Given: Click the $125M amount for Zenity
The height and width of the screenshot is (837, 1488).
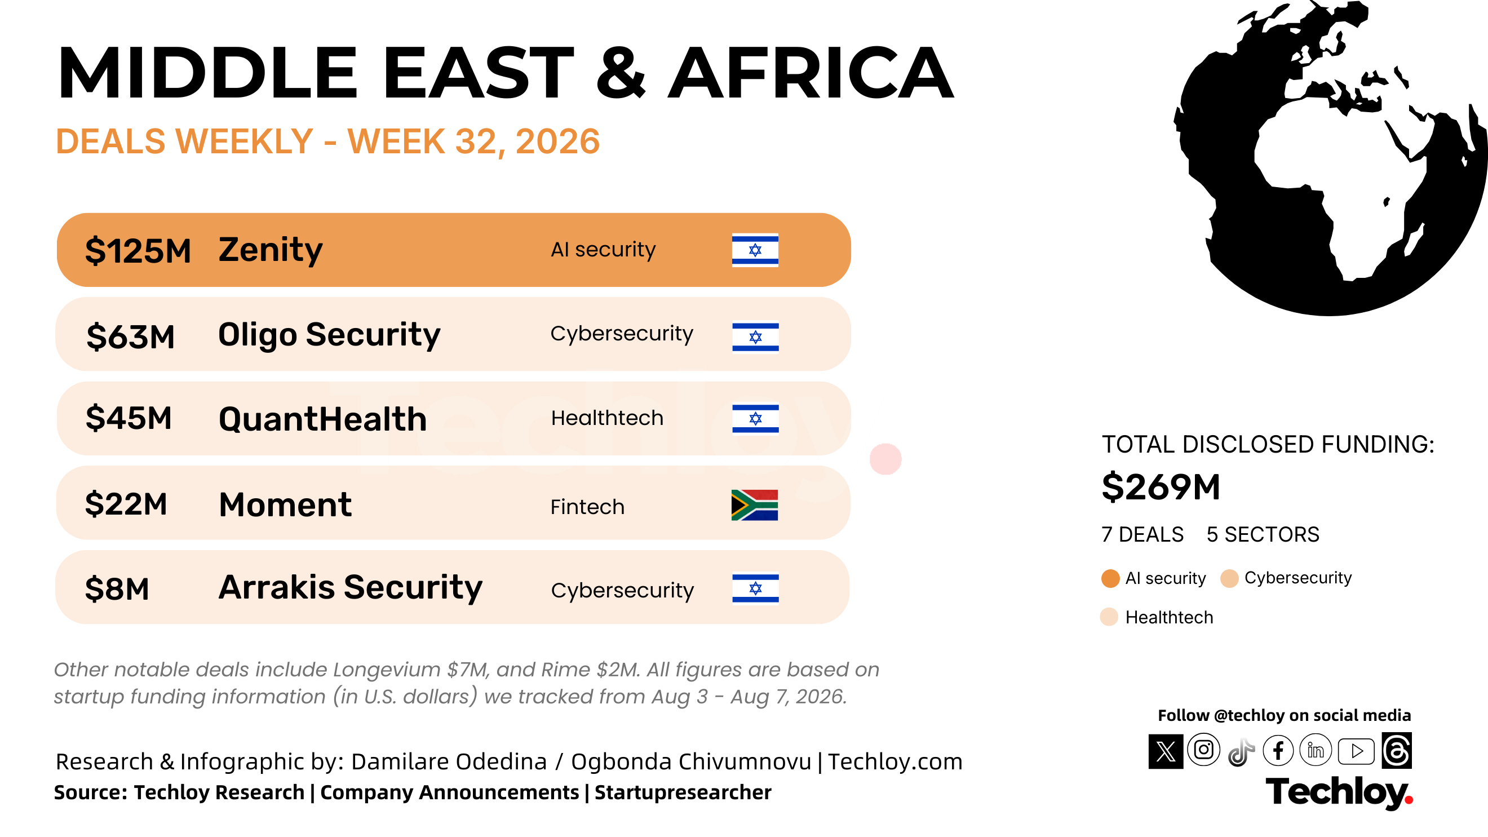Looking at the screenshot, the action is pyautogui.click(x=138, y=251).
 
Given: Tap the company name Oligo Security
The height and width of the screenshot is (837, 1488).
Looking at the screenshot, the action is pyautogui.click(x=329, y=334).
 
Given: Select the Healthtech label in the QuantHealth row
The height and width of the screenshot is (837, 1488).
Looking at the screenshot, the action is pyautogui.click(x=607, y=418).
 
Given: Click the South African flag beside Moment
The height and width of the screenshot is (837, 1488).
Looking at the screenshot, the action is pyautogui.click(x=754, y=505).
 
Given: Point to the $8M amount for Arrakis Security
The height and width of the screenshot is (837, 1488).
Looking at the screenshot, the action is pyautogui.click(x=117, y=588).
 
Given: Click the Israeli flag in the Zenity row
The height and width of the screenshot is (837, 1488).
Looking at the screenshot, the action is pyautogui.click(x=755, y=250).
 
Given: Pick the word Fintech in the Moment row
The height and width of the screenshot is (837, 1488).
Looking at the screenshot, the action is pyautogui.click(x=587, y=507).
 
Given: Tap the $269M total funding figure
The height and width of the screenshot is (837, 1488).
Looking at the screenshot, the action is pyautogui.click(x=1161, y=487).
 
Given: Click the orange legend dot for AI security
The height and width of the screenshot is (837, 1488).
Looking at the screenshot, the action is pyautogui.click(x=1110, y=578).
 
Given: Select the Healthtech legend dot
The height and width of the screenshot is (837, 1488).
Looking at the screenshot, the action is pyautogui.click(x=1109, y=617).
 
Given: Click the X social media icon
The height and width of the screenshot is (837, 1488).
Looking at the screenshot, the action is pyautogui.click(x=1166, y=751).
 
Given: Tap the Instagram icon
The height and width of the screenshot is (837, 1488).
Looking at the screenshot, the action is pyautogui.click(x=1204, y=750).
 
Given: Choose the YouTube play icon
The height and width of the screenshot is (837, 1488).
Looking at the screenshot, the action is pyautogui.click(x=1356, y=751).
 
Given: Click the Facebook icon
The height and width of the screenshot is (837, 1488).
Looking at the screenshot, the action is pyautogui.click(x=1278, y=750).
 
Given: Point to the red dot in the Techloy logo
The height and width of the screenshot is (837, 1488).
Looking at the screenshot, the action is pyautogui.click(x=1409, y=799).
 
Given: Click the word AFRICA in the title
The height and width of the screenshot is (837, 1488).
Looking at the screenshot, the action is pyautogui.click(x=811, y=73).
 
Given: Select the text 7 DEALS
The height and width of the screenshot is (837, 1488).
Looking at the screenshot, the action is pyautogui.click(x=1142, y=534).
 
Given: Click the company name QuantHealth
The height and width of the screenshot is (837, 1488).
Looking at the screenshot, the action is pyautogui.click(x=323, y=419).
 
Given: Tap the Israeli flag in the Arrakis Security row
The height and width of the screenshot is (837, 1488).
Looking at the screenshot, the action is pyautogui.click(x=755, y=587).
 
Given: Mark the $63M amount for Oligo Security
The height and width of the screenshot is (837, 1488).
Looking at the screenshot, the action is pyautogui.click(x=131, y=336).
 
